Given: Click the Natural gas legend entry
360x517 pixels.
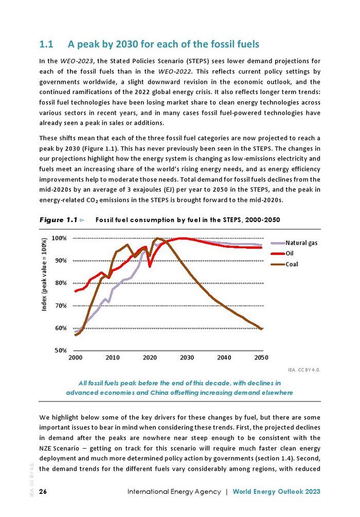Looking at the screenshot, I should [x=301, y=243].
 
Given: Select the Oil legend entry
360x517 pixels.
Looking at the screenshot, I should [x=290, y=253].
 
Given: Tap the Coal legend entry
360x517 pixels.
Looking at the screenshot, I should [x=292, y=264].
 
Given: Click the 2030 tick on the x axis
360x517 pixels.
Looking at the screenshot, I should [x=187, y=358].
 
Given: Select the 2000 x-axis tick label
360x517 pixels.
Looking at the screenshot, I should [x=75, y=358].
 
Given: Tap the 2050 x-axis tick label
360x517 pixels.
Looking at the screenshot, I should [x=261, y=358].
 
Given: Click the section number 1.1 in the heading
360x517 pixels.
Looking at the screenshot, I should [x=47, y=44].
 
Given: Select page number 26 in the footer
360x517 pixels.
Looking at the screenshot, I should [x=43, y=492].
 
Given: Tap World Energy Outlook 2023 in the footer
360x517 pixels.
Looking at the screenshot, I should [x=277, y=492].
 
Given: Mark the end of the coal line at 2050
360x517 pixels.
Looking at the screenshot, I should [x=261, y=329].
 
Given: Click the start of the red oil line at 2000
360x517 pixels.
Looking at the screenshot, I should [x=76, y=291].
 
